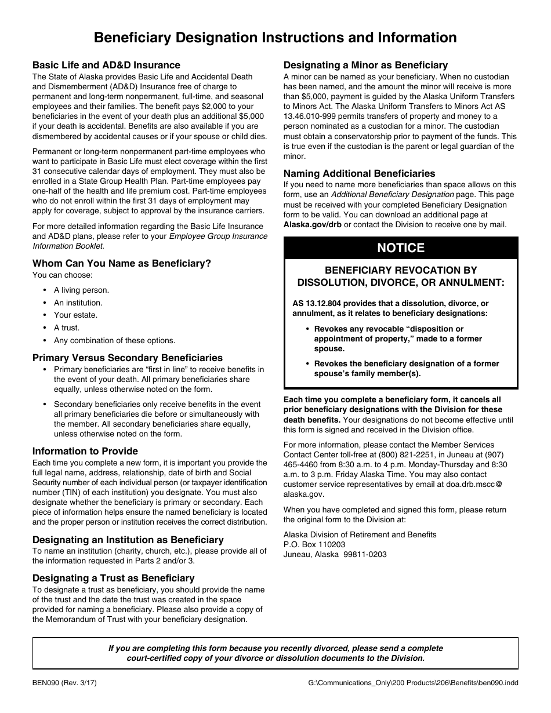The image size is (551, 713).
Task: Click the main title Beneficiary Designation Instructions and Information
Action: click(x=275, y=38)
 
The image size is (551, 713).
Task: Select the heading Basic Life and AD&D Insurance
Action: click(x=106, y=65)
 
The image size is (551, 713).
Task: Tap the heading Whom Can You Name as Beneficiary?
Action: click(x=122, y=263)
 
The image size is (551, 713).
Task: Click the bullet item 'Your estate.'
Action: click(x=75, y=315)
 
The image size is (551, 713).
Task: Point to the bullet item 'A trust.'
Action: click(x=67, y=328)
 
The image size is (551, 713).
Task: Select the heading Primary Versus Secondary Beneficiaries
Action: click(x=128, y=358)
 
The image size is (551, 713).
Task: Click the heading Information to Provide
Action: click(x=85, y=451)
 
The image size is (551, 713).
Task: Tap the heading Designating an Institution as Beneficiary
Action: click(x=128, y=540)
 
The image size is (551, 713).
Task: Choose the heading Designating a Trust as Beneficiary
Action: click(x=114, y=578)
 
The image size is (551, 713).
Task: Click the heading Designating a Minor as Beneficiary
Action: click(x=365, y=65)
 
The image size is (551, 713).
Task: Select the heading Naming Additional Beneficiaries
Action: click(x=359, y=173)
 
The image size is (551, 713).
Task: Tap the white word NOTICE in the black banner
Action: click(x=401, y=248)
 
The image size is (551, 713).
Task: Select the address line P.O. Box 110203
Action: click(x=314, y=544)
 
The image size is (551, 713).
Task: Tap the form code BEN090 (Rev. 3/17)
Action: click(x=64, y=683)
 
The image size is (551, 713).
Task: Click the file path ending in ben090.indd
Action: click(x=414, y=683)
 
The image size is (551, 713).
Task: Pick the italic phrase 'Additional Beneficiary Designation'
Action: click(x=392, y=194)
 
